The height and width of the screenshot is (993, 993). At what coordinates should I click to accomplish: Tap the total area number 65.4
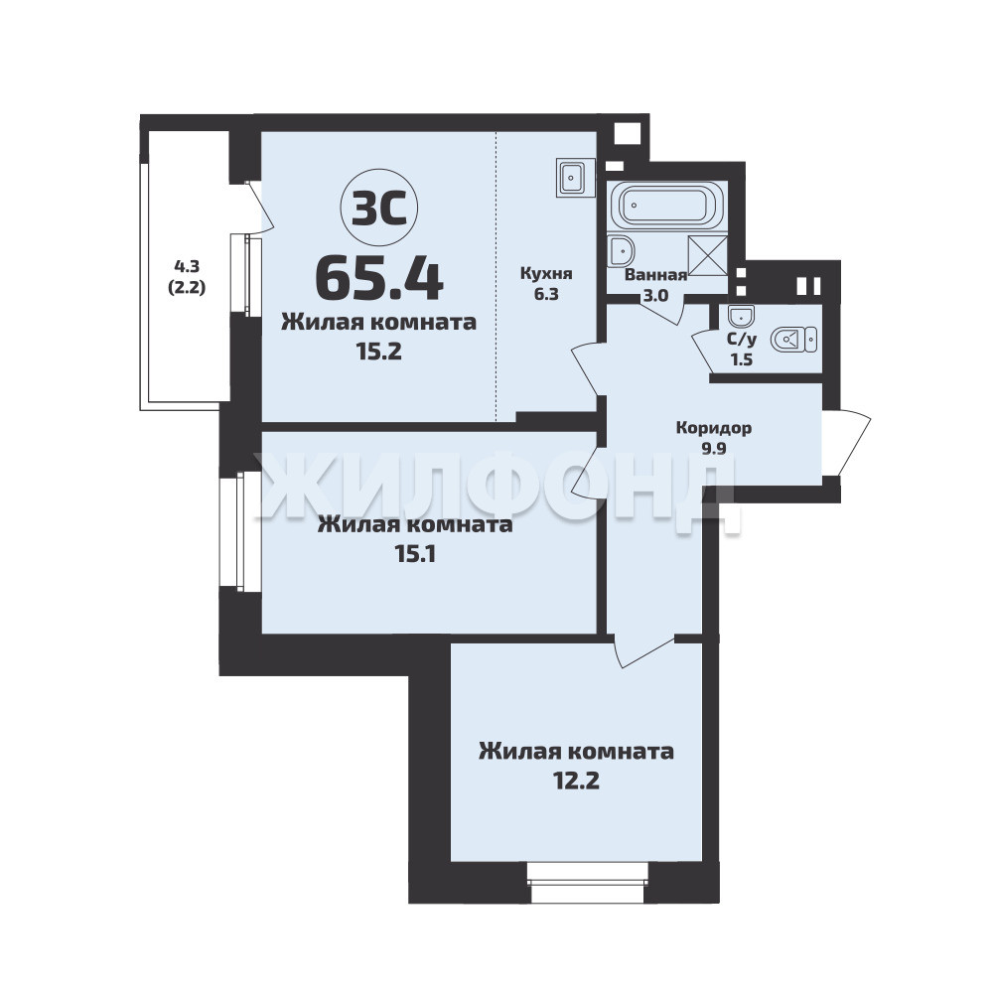click(378, 279)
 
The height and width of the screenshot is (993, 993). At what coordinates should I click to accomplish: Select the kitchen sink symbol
click(575, 178)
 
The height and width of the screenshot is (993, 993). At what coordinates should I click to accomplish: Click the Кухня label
click(546, 274)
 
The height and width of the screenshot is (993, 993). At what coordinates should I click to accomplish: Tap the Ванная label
click(655, 275)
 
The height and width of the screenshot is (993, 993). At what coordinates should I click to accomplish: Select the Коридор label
click(714, 428)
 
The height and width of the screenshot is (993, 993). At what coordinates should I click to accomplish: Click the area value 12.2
click(576, 780)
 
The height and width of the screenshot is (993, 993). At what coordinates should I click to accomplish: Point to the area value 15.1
click(415, 555)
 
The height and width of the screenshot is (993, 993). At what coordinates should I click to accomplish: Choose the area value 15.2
click(378, 352)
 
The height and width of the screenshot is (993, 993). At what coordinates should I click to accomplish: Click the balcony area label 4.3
click(187, 266)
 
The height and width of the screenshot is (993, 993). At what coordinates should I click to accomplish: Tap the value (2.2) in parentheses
click(187, 288)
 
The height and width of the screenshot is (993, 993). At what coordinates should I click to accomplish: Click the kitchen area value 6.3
click(546, 294)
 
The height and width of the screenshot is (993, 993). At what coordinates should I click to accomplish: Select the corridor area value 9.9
click(714, 449)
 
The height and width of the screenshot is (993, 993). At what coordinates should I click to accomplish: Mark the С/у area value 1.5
click(742, 359)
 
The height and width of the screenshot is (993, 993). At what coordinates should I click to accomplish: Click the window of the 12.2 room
click(588, 884)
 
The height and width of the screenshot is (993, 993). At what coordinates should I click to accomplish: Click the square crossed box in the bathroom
click(707, 256)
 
